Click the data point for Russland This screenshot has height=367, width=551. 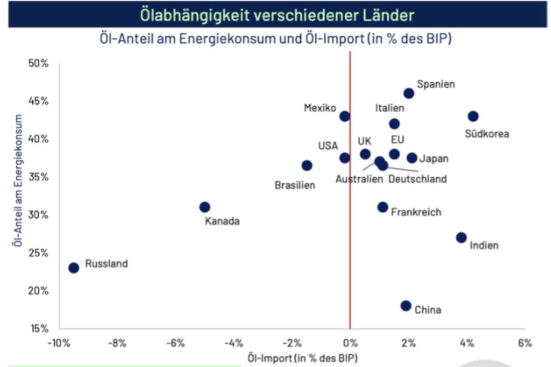pyautogui.click(x=73, y=268)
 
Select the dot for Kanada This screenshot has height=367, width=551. pyautogui.click(x=204, y=207)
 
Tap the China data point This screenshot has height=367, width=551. pyautogui.click(x=406, y=306)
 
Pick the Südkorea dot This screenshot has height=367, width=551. pyautogui.click(x=473, y=116)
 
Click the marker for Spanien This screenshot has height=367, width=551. pyautogui.click(x=409, y=93)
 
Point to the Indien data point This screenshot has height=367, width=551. pyautogui.click(x=461, y=237)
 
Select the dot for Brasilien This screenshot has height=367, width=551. pyautogui.click(x=307, y=165)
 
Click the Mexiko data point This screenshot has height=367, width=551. pyautogui.click(x=345, y=116)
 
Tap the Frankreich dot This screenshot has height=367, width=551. pyautogui.click(x=383, y=207)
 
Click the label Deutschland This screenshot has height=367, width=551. pyautogui.click(x=418, y=179)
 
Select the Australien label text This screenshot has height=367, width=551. pyautogui.click(x=359, y=179)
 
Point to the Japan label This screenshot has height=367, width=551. pyautogui.click(x=434, y=159)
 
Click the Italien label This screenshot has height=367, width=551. pyautogui.click(x=390, y=108)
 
